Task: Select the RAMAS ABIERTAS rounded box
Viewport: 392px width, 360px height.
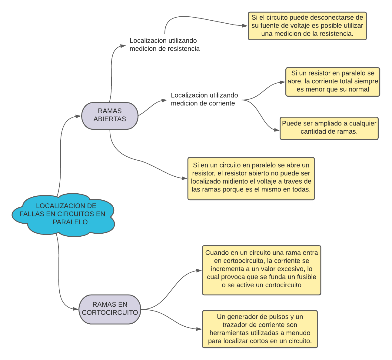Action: tap(110, 115)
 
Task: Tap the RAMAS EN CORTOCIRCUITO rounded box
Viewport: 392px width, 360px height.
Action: tap(110, 309)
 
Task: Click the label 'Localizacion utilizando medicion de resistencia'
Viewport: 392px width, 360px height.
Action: tap(164, 45)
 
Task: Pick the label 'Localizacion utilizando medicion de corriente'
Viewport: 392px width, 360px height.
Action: tap(204, 99)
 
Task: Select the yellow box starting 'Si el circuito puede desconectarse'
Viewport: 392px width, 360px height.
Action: tap(307, 26)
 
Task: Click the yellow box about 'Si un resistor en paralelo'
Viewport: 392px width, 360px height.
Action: tap(333, 82)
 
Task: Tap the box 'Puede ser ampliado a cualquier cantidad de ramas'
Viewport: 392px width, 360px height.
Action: tap(329, 128)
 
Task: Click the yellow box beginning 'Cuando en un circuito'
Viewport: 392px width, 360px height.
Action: tap(261, 270)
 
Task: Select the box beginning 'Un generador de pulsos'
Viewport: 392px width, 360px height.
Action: tap(260, 329)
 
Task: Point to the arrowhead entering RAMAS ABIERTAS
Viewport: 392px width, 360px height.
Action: tap(78, 116)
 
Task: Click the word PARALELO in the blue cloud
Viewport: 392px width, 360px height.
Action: tap(70, 222)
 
